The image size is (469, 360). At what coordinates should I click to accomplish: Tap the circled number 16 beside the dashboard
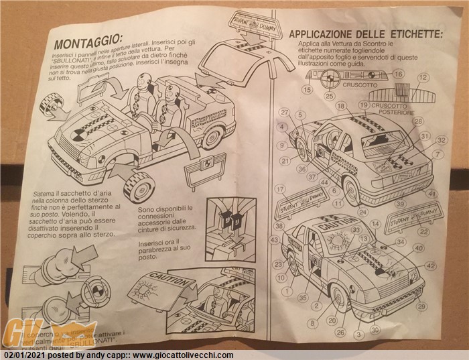(x=398, y=74)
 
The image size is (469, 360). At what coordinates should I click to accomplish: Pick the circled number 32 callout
(x=441, y=140)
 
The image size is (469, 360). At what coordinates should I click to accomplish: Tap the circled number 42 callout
(x=431, y=265)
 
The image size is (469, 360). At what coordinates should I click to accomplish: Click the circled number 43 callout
(x=275, y=239)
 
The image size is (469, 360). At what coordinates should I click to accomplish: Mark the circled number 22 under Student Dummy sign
(x=423, y=231)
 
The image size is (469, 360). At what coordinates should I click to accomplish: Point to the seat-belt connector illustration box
(x=231, y=221)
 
